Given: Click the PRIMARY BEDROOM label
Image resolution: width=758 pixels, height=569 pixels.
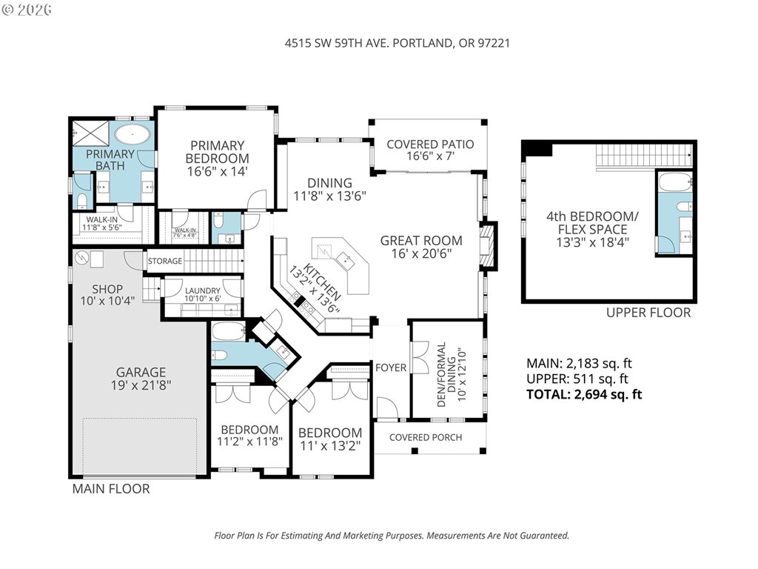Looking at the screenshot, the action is click(x=217, y=152).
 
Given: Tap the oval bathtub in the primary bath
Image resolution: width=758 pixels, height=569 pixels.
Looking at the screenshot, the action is click(x=133, y=134).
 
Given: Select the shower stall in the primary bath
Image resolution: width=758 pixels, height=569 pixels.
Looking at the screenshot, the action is click(x=91, y=133).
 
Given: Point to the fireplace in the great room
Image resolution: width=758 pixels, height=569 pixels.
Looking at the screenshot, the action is click(x=487, y=246).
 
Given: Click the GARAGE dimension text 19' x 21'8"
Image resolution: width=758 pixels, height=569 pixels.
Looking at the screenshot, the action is click(x=141, y=385).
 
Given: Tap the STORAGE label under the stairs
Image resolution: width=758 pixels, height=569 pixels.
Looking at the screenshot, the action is click(x=165, y=262).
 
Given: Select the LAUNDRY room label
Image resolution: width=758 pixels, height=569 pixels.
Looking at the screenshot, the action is click(x=203, y=290).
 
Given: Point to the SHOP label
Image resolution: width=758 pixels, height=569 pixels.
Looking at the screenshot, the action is click(x=107, y=290).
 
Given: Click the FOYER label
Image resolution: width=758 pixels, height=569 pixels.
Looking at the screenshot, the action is click(x=391, y=367).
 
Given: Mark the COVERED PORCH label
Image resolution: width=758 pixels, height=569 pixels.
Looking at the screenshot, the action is click(x=426, y=437).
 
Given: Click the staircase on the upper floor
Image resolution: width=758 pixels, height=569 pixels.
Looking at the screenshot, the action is click(x=643, y=156).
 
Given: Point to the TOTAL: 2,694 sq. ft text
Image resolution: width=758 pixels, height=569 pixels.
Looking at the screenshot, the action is click(x=584, y=394).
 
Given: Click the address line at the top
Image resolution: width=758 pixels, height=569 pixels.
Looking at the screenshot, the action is click(x=397, y=43).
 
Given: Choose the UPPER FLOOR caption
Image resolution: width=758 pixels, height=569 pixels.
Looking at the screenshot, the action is click(x=648, y=313).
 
